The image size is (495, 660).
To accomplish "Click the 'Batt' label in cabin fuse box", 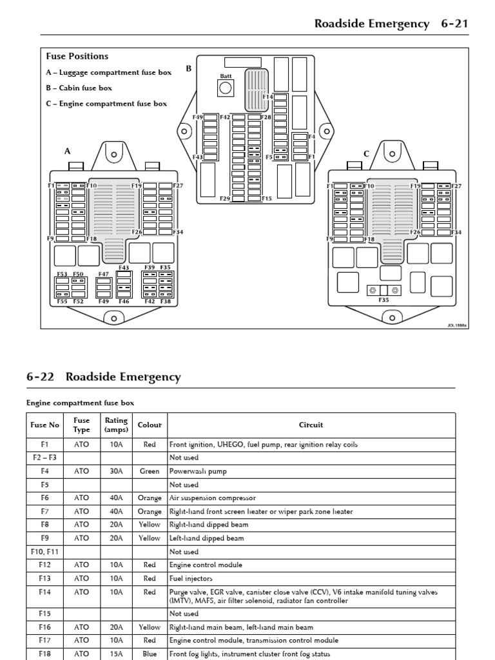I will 225,76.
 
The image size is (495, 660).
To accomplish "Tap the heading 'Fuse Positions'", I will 77,56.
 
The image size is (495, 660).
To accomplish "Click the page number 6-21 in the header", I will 454,24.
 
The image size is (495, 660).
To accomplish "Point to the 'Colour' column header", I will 150,425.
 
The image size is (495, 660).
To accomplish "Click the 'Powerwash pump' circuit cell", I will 198,471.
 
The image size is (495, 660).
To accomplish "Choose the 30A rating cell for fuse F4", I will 116,471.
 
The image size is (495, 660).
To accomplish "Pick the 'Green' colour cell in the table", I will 150,471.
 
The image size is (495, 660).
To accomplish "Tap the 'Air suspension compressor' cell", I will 213,498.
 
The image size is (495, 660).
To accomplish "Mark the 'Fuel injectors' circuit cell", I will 191,579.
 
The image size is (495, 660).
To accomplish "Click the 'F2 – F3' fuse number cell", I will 44,458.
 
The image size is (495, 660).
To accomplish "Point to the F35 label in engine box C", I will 383,300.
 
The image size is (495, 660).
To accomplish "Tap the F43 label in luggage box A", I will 124,267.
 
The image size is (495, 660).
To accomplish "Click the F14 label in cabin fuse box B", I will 267,97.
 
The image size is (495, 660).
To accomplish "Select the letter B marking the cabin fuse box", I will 189,68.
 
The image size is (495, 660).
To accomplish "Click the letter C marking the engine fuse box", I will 366,154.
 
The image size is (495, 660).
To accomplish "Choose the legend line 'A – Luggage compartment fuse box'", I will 109,72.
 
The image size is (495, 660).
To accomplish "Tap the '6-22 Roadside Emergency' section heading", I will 104,377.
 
